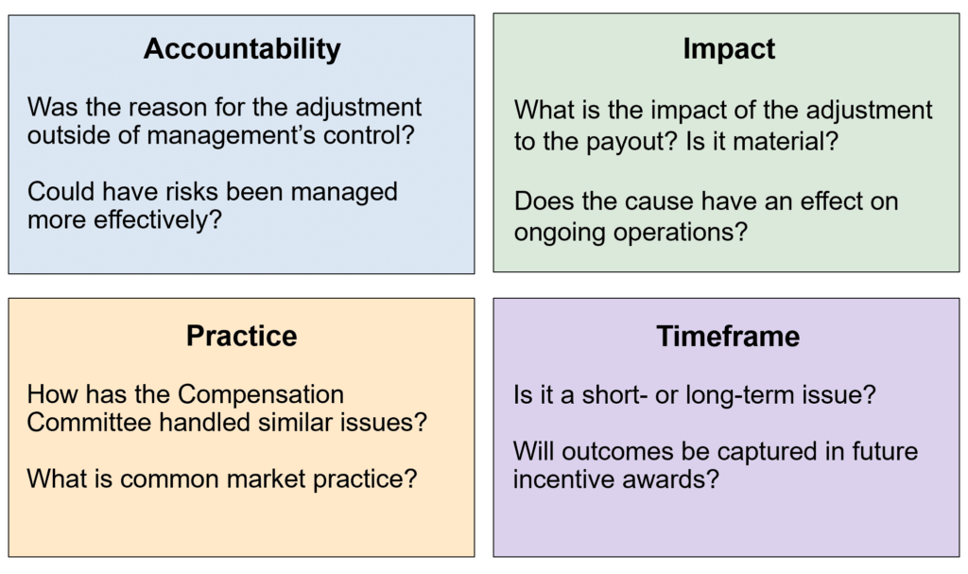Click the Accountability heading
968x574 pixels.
[242, 49]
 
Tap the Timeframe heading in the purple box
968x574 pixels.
[727, 336]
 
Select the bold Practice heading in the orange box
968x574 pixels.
[241, 336]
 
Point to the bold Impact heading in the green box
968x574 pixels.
[729, 49]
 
